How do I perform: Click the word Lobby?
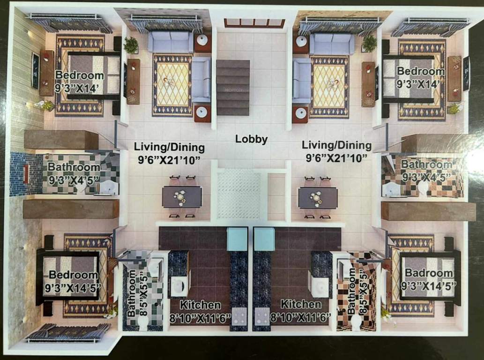click(251, 139)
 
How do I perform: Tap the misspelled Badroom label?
click(429, 273)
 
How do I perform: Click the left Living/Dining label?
click(169, 148)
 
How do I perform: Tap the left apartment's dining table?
click(182, 197)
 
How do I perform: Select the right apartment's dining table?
click(318, 197)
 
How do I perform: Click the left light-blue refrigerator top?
click(237, 239)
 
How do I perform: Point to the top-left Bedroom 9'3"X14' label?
click(79, 75)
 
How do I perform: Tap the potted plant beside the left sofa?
click(131, 45)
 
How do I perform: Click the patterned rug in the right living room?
click(329, 86)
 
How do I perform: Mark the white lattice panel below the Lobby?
click(239, 194)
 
